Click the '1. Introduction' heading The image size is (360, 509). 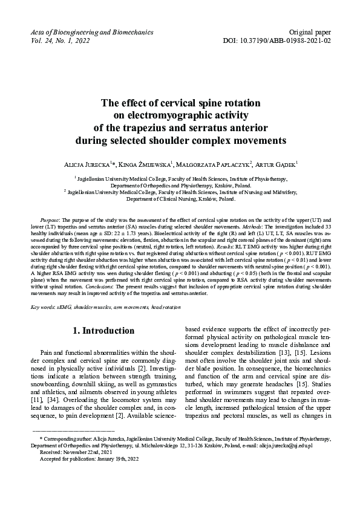[103, 331]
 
